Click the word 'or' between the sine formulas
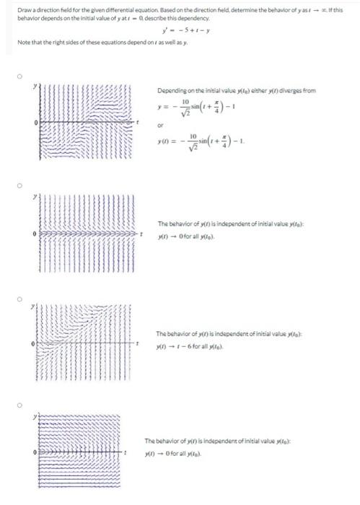click(160, 131)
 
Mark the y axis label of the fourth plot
click(32, 417)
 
